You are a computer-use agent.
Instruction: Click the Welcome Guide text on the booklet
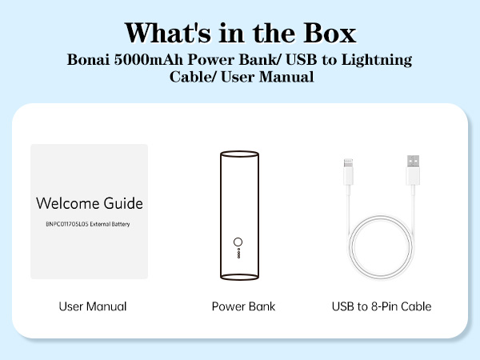[89, 203]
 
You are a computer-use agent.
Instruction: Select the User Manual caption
[93, 306]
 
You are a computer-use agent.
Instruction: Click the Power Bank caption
[243, 306]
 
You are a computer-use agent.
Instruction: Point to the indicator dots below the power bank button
[237, 254]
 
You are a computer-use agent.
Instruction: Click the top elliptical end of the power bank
[239, 154]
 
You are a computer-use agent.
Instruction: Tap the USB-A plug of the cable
[412, 168]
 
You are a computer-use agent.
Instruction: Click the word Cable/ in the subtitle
[190, 78]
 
